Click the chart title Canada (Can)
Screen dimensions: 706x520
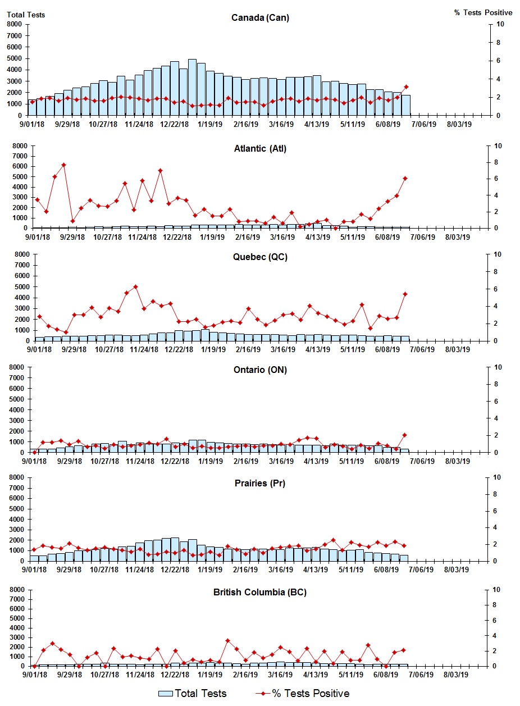click(x=260, y=17)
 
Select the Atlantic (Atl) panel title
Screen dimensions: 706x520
click(x=260, y=148)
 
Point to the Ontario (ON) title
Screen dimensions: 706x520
click(x=260, y=370)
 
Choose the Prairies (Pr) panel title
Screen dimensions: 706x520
click(x=260, y=483)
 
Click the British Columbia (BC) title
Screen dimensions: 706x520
click(x=260, y=592)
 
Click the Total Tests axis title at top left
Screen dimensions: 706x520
click(x=26, y=15)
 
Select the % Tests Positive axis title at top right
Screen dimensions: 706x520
click(x=483, y=12)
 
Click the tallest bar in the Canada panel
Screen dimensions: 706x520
click(x=192, y=87)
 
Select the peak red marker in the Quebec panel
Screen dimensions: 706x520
click(x=135, y=286)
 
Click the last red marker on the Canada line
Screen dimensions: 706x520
click(x=406, y=86)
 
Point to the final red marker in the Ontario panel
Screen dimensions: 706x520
click(x=404, y=435)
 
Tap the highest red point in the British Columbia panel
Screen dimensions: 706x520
click(x=227, y=640)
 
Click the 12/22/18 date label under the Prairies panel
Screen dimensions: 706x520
click(x=176, y=570)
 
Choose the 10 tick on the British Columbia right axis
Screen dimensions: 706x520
click(x=496, y=589)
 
